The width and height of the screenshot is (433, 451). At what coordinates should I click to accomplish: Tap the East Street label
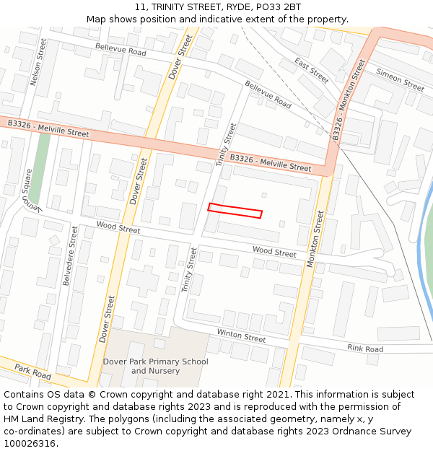point(312,70)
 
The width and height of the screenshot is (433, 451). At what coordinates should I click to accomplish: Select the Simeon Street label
point(401,80)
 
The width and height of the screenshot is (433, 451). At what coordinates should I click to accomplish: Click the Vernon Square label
point(26,190)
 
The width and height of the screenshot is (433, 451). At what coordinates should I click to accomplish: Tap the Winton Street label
point(241,336)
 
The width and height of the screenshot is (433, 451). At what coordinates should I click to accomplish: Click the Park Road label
point(32,372)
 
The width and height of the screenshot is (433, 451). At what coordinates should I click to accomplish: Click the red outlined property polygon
point(235,211)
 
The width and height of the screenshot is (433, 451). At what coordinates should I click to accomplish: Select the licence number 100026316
point(31,443)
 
